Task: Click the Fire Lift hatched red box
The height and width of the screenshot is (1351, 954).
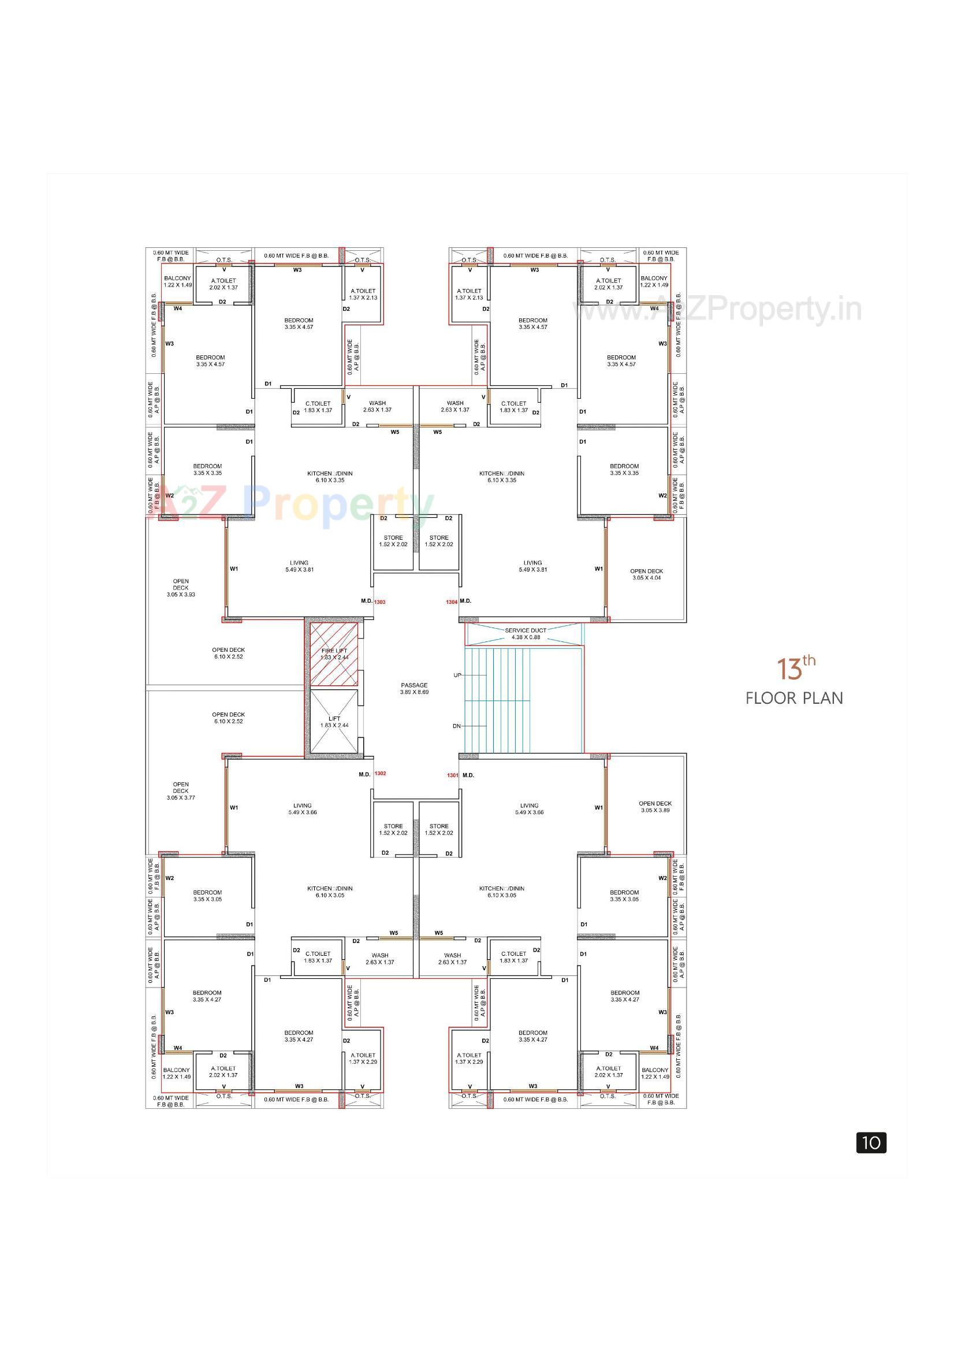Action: (x=333, y=654)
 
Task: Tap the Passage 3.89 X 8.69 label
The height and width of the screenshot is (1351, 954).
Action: (x=414, y=688)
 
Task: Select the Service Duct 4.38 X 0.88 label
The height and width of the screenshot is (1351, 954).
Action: (x=526, y=634)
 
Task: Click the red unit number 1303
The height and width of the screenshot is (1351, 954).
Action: (x=380, y=602)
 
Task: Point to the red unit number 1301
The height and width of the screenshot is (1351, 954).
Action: (x=452, y=775)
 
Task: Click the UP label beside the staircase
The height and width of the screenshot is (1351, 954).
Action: (x=457, y=675)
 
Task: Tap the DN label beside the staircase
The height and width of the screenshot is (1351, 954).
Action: (x=456, y=726)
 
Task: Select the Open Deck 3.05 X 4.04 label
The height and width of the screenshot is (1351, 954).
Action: (x=646, y=574)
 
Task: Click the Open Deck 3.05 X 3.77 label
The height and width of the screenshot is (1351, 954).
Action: (x=181, y=791)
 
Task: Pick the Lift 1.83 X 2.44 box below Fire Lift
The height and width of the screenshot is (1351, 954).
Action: (x=333, y=721)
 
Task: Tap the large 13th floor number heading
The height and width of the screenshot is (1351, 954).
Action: (x=795, y=668)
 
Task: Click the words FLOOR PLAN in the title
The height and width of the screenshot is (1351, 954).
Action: (x=794, y=699)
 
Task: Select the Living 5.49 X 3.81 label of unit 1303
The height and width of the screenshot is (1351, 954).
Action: (x=299, y=566)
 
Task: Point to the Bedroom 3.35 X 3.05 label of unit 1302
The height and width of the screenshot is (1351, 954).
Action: (x=207, y=896)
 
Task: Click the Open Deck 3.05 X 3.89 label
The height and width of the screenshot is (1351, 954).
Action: (x=655, y=807)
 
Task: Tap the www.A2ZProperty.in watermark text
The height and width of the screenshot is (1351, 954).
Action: (x=718, y=310)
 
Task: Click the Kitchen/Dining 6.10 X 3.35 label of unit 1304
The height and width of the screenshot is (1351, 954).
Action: (x=502, y=477)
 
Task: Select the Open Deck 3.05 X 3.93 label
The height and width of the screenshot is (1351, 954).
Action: (x=181, y=588)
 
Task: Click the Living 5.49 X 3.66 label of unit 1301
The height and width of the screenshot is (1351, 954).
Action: (x=529, y=808)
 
